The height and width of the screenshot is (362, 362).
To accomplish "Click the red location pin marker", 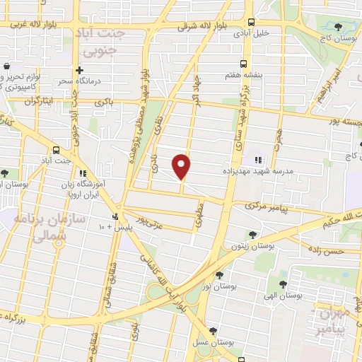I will click(x=182, y=165).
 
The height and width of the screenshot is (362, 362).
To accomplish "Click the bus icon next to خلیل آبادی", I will click(x=251, y=21).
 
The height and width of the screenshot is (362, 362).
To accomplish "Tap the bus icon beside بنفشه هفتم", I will click(x=244, y=63).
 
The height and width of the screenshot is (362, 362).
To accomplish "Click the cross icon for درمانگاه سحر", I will click(x=79, y=70).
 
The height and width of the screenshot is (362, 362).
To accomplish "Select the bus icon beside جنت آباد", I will click(x=56, y=149).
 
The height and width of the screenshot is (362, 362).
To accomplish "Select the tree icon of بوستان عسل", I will click(x=214, y=329).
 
